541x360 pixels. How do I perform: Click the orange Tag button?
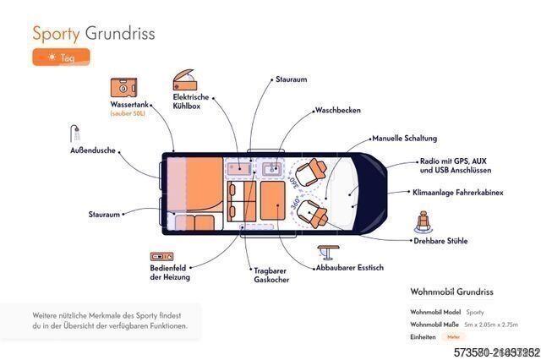60,57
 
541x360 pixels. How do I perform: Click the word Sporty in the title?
56,33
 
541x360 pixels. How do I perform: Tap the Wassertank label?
128,105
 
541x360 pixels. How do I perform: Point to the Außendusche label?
92,150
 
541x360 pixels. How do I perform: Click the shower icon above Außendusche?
75,134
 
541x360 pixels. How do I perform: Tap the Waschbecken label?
338,110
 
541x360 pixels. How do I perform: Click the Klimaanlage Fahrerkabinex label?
457,193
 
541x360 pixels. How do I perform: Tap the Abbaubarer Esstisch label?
348,268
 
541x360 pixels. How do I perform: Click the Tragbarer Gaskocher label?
270,277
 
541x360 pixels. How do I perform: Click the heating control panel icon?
162,256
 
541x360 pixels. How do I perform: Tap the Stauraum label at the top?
292,79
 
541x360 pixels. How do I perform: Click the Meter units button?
453,336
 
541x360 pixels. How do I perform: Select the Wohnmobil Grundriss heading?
451,292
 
